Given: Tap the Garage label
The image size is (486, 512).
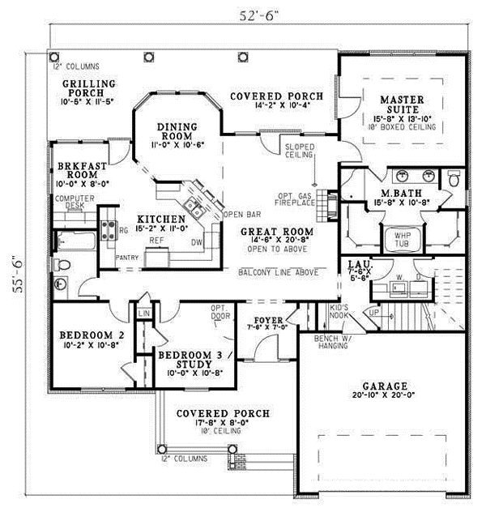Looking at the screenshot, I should [x=385, y=386].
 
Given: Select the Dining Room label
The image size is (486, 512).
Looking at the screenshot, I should [x=177, y=131].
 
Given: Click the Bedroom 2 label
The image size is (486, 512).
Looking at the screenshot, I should [x=91, y=335].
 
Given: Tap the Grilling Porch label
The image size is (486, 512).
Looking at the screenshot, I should [x=91, y=87].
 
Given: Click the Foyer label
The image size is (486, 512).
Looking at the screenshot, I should [x=268, y=320].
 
